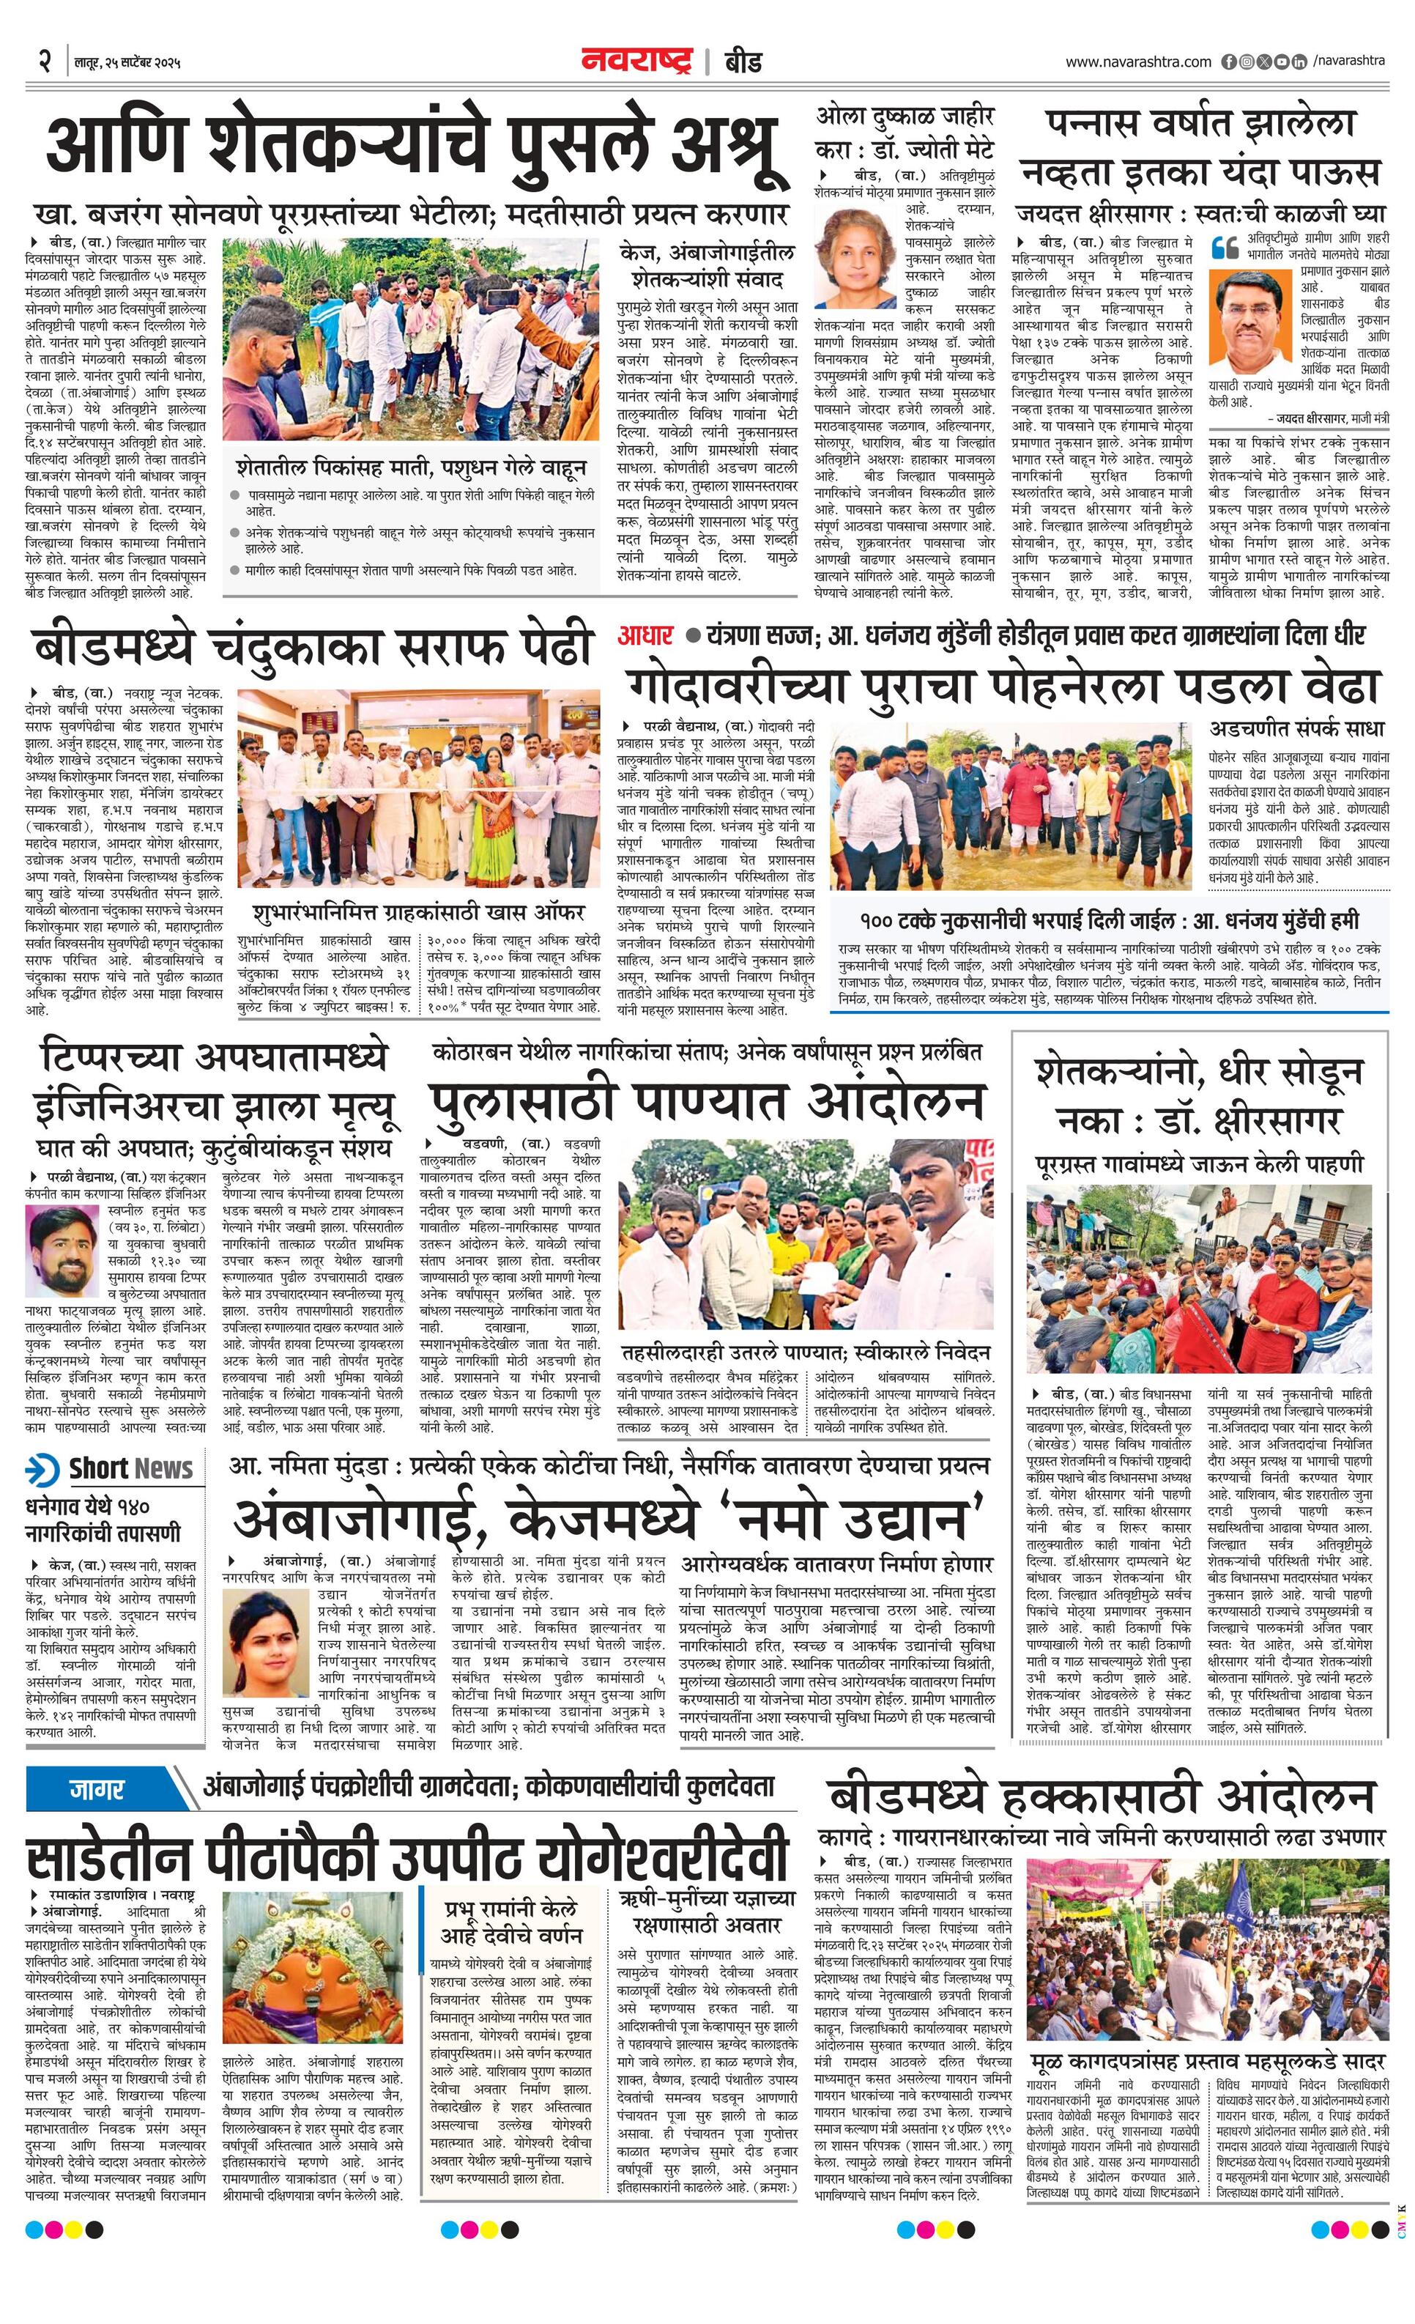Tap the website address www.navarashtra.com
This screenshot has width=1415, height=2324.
(1138, 62)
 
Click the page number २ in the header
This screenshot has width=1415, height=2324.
(43, 62)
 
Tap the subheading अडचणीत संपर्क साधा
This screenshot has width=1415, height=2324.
(1296, 728)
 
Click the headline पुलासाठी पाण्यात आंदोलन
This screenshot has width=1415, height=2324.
(707, 1100)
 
